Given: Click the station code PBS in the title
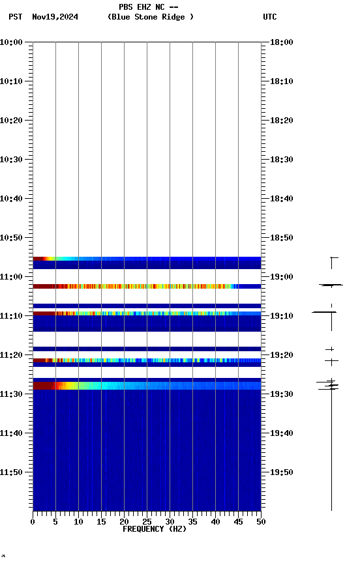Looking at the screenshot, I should (125, 7).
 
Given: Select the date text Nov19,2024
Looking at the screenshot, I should (55, 17).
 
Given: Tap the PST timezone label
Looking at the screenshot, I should (15, 17).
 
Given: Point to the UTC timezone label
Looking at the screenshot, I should (270, 17).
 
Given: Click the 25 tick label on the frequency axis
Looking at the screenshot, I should (147, 521).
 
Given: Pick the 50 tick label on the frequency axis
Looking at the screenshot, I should (261, 521).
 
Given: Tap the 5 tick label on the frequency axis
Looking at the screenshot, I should (55, 521).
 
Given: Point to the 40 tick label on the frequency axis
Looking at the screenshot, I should (215, 521).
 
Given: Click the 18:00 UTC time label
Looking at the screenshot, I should (281, 42).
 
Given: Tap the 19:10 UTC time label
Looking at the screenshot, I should (281, 316).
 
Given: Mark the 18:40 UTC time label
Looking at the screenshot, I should (281, 199).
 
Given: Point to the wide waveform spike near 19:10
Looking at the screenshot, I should (324, 312).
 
